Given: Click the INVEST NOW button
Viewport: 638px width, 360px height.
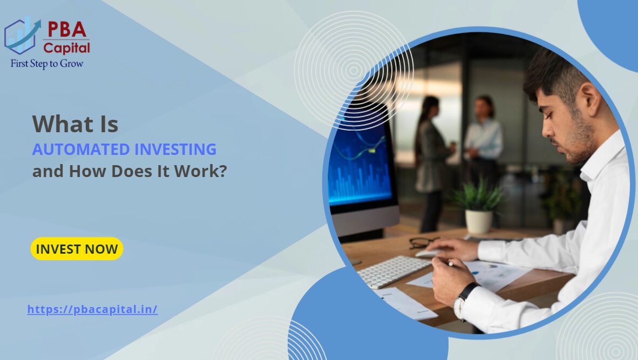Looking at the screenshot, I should pos(77,249).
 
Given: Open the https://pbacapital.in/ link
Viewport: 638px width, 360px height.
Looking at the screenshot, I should pos(92,310).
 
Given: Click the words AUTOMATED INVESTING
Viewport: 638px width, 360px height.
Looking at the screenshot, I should pos(124,149).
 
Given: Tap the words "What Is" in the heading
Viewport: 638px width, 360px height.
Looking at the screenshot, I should pos(75,124).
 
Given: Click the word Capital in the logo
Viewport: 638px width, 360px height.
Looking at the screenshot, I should pos(67,47).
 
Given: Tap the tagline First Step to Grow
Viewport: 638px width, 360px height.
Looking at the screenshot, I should pos(47,63).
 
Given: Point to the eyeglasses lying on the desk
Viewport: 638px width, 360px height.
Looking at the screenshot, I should pos(423,242).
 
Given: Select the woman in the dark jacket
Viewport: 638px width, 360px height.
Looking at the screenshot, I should pos(432,157).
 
